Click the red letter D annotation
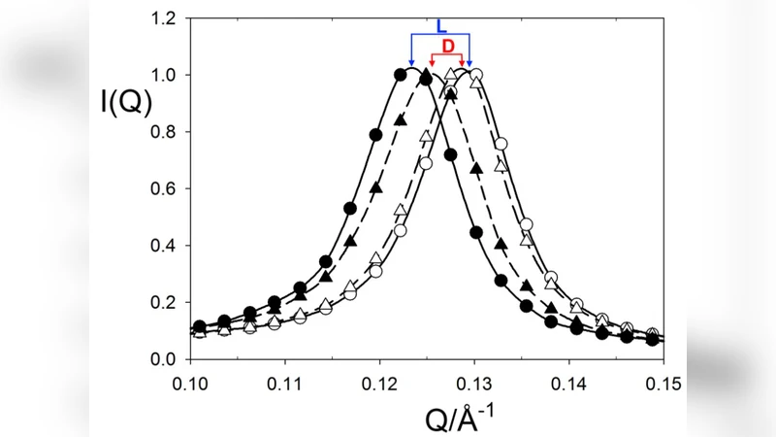(448, 47)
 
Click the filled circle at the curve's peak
(402, 74)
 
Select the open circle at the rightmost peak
(475, 75)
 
